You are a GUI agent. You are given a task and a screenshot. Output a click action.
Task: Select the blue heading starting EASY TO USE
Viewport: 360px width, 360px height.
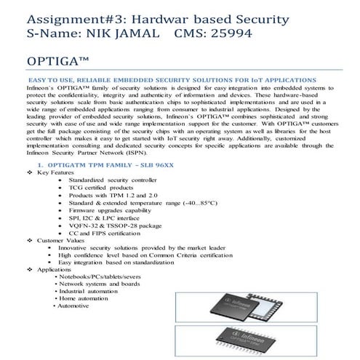point(171,78)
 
